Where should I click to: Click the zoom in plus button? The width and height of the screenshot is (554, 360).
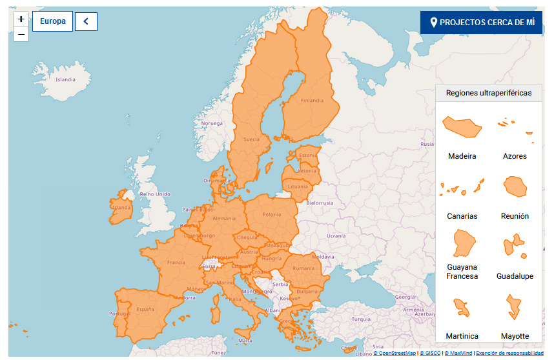21,19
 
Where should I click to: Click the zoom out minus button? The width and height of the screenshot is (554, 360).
21,34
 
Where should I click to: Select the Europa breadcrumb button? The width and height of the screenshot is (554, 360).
52,21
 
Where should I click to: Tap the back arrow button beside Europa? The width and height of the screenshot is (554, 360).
86,21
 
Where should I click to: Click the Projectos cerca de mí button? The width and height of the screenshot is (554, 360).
481,23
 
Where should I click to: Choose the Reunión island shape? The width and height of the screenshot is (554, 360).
515,187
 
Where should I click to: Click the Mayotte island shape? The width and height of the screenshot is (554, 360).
515,306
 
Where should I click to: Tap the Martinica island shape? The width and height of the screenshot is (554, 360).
462,306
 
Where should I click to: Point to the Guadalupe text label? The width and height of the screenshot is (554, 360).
515,276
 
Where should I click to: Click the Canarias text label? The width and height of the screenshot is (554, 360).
462,216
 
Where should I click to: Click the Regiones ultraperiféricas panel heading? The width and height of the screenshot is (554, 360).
489,93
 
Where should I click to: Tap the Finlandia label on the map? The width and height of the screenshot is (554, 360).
312,101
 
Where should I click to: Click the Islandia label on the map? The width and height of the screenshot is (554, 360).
66,80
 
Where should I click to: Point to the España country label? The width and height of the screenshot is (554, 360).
145,310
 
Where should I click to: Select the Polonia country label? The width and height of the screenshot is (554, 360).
272,215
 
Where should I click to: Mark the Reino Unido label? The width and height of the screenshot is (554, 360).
155,194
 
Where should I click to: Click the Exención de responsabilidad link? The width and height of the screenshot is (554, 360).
509,354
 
